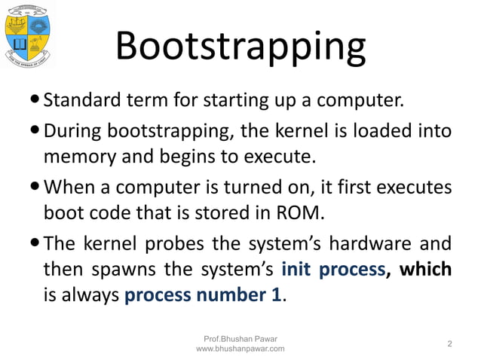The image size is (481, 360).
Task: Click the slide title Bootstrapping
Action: [240, 47]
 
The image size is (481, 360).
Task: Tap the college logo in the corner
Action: [28, 35]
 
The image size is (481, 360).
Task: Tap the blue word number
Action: [228, 294]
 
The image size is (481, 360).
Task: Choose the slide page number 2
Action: [450, 344]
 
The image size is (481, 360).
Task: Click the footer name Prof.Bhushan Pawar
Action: [240, 338]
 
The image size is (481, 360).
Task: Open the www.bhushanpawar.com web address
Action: [240, 349]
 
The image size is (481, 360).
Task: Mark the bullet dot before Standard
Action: [36, 100]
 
